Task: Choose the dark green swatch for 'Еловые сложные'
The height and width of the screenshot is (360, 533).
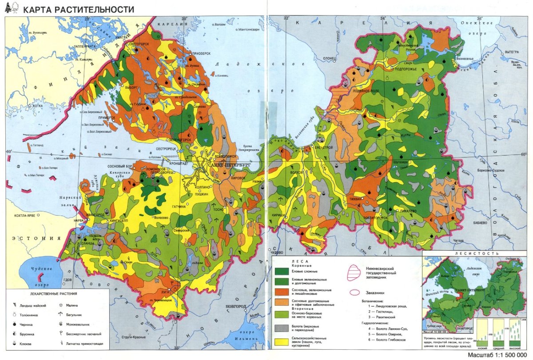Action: click(282, 270)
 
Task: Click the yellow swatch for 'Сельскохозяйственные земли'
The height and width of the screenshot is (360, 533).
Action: click(282, 342)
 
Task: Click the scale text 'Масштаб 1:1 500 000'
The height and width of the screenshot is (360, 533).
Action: click(498, 356)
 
